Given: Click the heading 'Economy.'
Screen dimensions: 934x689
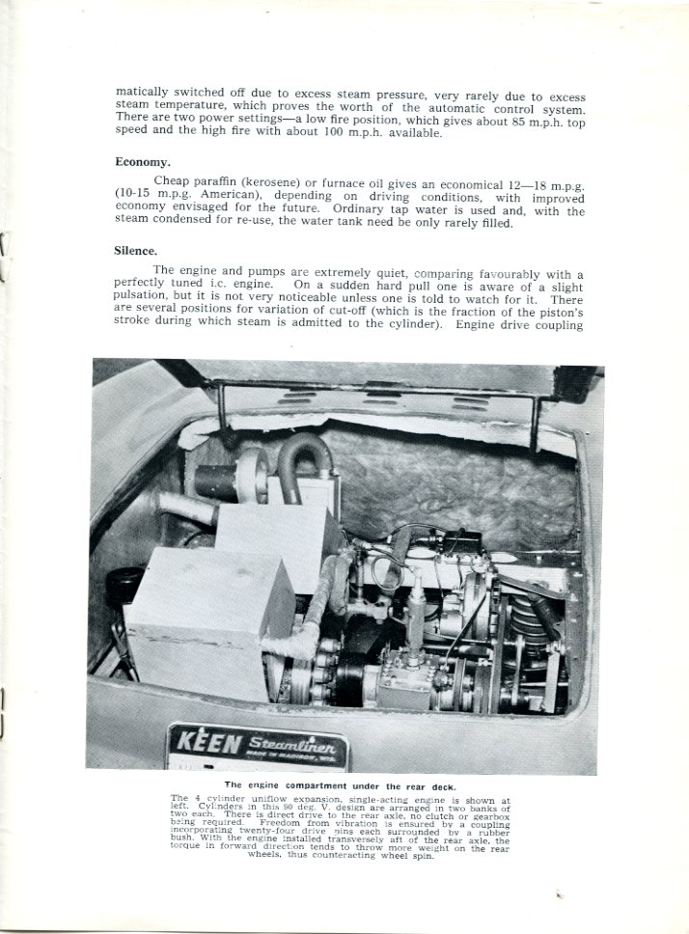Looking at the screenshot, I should point(143,162).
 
